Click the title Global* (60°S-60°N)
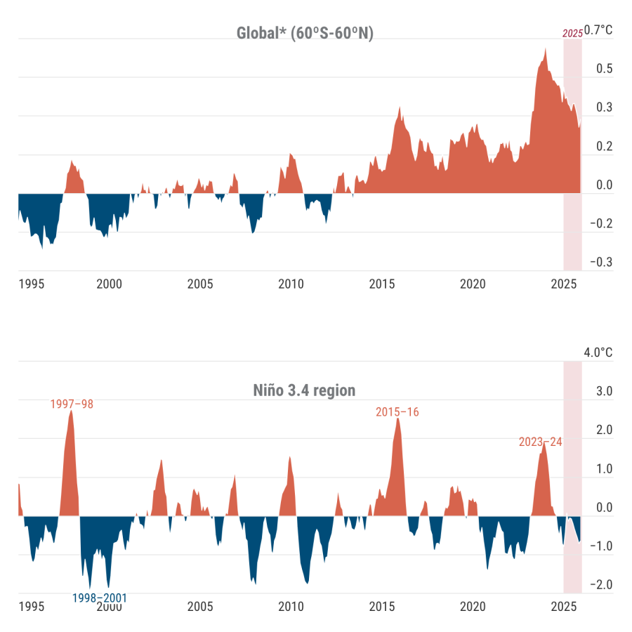click(305, 33)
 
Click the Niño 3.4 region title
click(305, 390)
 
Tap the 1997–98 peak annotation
click(72, 404)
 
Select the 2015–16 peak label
click(397, 412)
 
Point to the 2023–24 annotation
click(540, 442)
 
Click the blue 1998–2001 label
click(100, 598)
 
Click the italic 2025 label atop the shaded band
click(572, 33)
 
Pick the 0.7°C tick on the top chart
click(598, 30)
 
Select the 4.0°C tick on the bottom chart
click(598, 353)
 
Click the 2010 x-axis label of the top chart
click(291, 284)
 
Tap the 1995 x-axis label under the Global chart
click(32, 284)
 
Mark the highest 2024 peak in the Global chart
click(546, 49)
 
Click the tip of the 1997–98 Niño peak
click(71, 411)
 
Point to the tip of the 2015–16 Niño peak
click(397, 419)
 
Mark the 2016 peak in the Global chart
click(400, 107)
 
